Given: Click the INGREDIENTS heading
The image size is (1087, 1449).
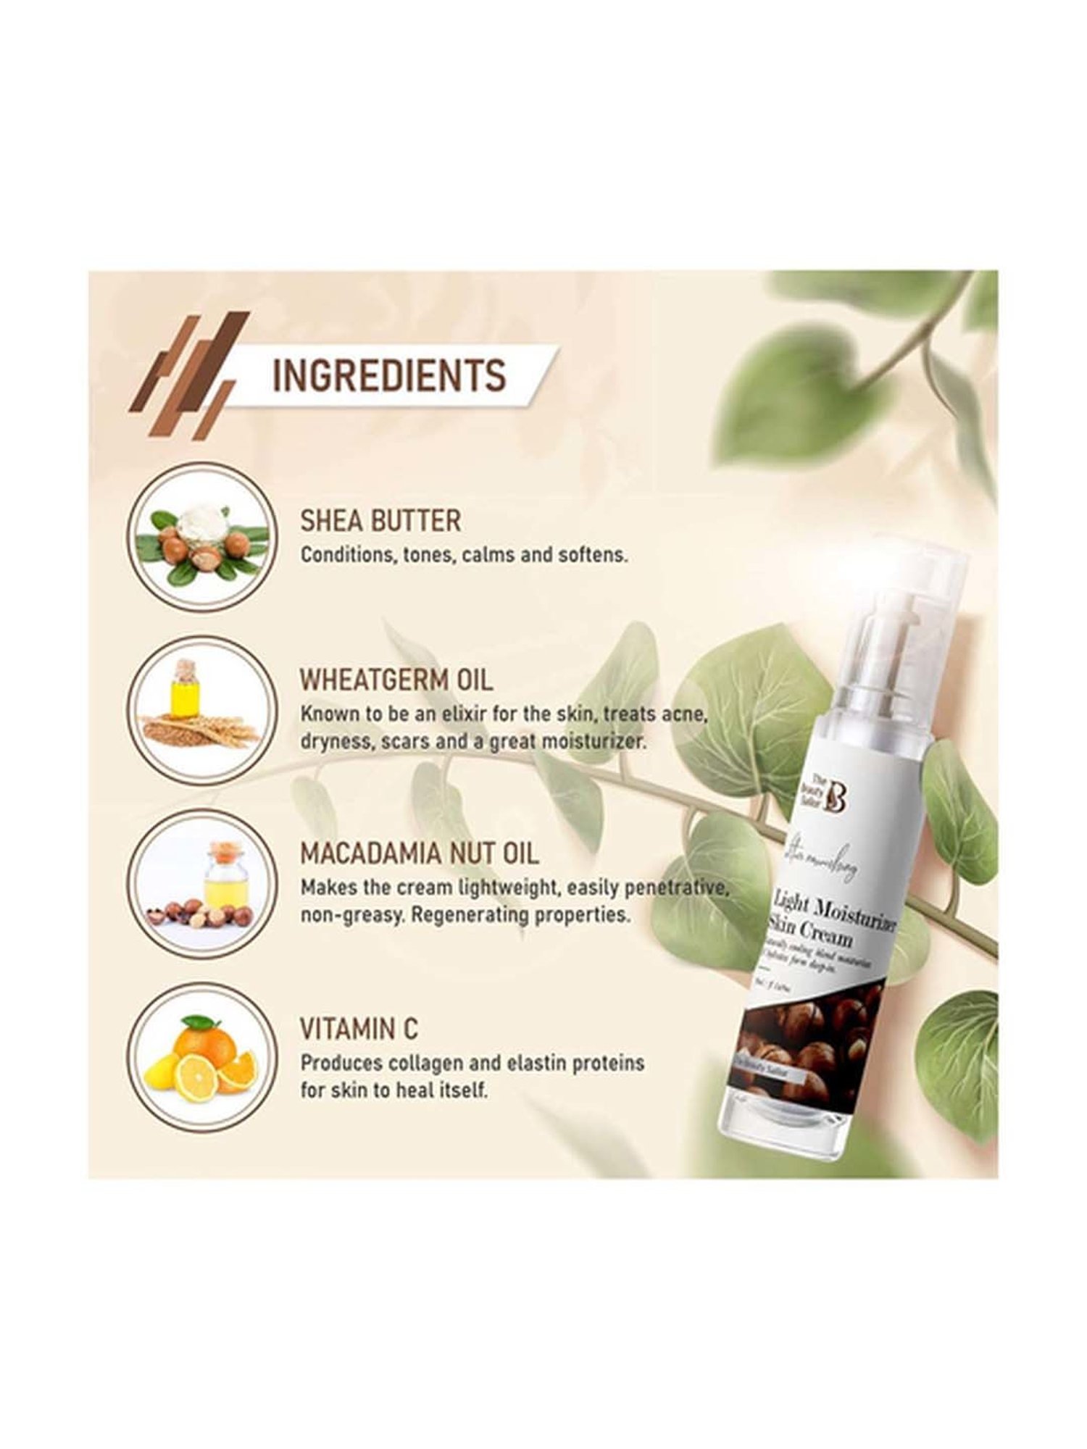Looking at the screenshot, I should coord(388,376).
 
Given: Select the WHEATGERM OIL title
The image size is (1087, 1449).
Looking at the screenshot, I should coord(396,680).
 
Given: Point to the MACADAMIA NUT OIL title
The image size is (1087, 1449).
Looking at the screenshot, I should coord(420,853).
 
